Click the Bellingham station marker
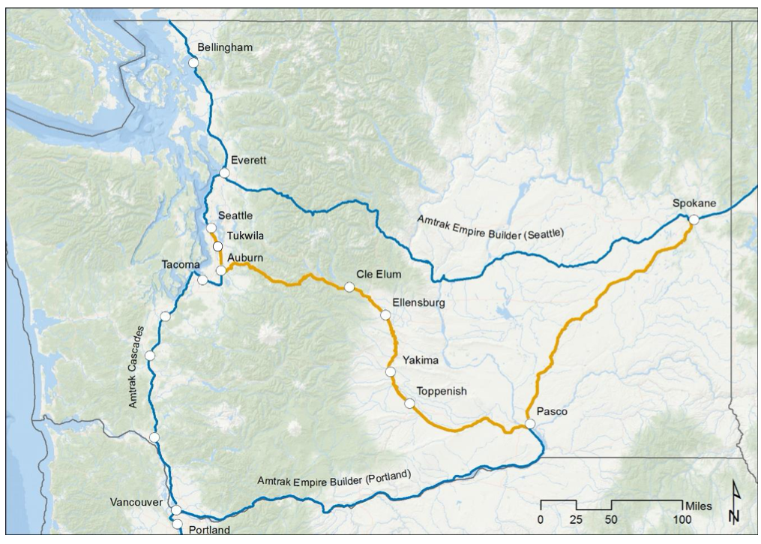(193, 64)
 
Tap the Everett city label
(249, 160)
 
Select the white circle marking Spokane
(694, 219)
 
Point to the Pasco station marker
(530, 424)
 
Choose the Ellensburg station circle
(385, 314)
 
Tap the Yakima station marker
(390, 371)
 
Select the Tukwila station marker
(217, 246)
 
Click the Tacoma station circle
(202, 280)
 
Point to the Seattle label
(235, 215)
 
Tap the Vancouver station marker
(176, 510)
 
